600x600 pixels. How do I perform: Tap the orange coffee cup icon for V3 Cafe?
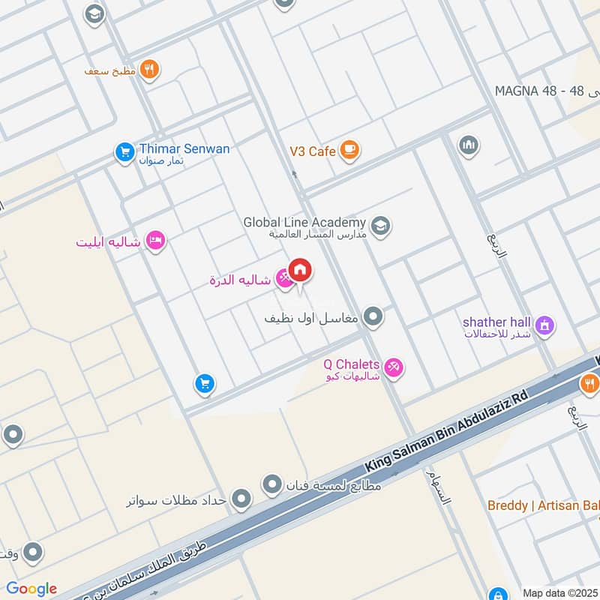tap(349, 151)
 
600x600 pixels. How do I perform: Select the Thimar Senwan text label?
tap(184, 148)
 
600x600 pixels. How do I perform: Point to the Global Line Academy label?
tap(304, 223)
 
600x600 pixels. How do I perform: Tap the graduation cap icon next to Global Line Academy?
tap(381, 226)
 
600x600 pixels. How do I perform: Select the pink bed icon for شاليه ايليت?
tap(156, 241)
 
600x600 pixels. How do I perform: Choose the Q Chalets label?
tap(352, 364)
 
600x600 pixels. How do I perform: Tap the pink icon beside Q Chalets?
tap(393, 368)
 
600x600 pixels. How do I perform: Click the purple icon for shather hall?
tap(546, 325)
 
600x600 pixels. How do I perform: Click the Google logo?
tap(31, 589)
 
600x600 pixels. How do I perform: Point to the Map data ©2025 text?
tap(559, 592)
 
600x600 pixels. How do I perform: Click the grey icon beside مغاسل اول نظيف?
tap(373, 316)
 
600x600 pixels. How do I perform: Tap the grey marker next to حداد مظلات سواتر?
tap(241, 498)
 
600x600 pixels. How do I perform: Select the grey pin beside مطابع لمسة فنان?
tap(271, 485)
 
